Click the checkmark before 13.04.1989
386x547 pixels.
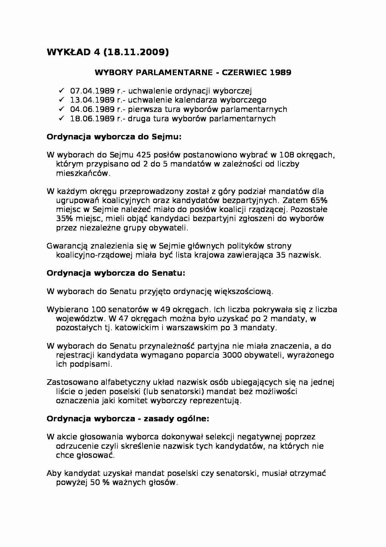click(x=61, y=100)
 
